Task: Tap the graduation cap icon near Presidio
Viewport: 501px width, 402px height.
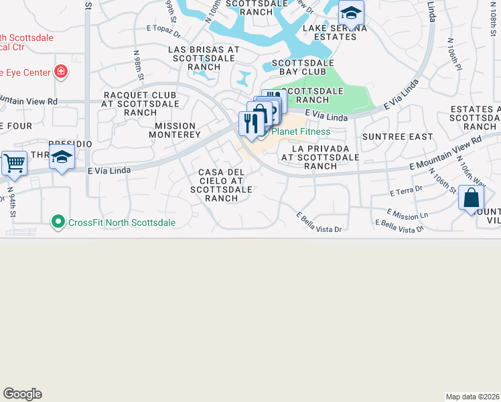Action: (62, 158)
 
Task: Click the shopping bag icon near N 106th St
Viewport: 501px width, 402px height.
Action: (472, 198)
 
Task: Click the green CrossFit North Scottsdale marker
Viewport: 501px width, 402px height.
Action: (58, 222)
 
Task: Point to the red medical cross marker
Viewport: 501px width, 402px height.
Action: (61, 70)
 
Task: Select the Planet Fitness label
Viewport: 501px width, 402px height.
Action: (301, 131)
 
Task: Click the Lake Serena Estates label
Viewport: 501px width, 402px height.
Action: (334, 32)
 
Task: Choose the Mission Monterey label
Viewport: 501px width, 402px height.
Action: (175, 130)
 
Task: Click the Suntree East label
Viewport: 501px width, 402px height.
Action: (397, 137)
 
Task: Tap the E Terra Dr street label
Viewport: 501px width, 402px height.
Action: (406, 192)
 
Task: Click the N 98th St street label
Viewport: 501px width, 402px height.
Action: (138, 64)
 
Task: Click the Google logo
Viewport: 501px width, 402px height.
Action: (23, 394)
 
